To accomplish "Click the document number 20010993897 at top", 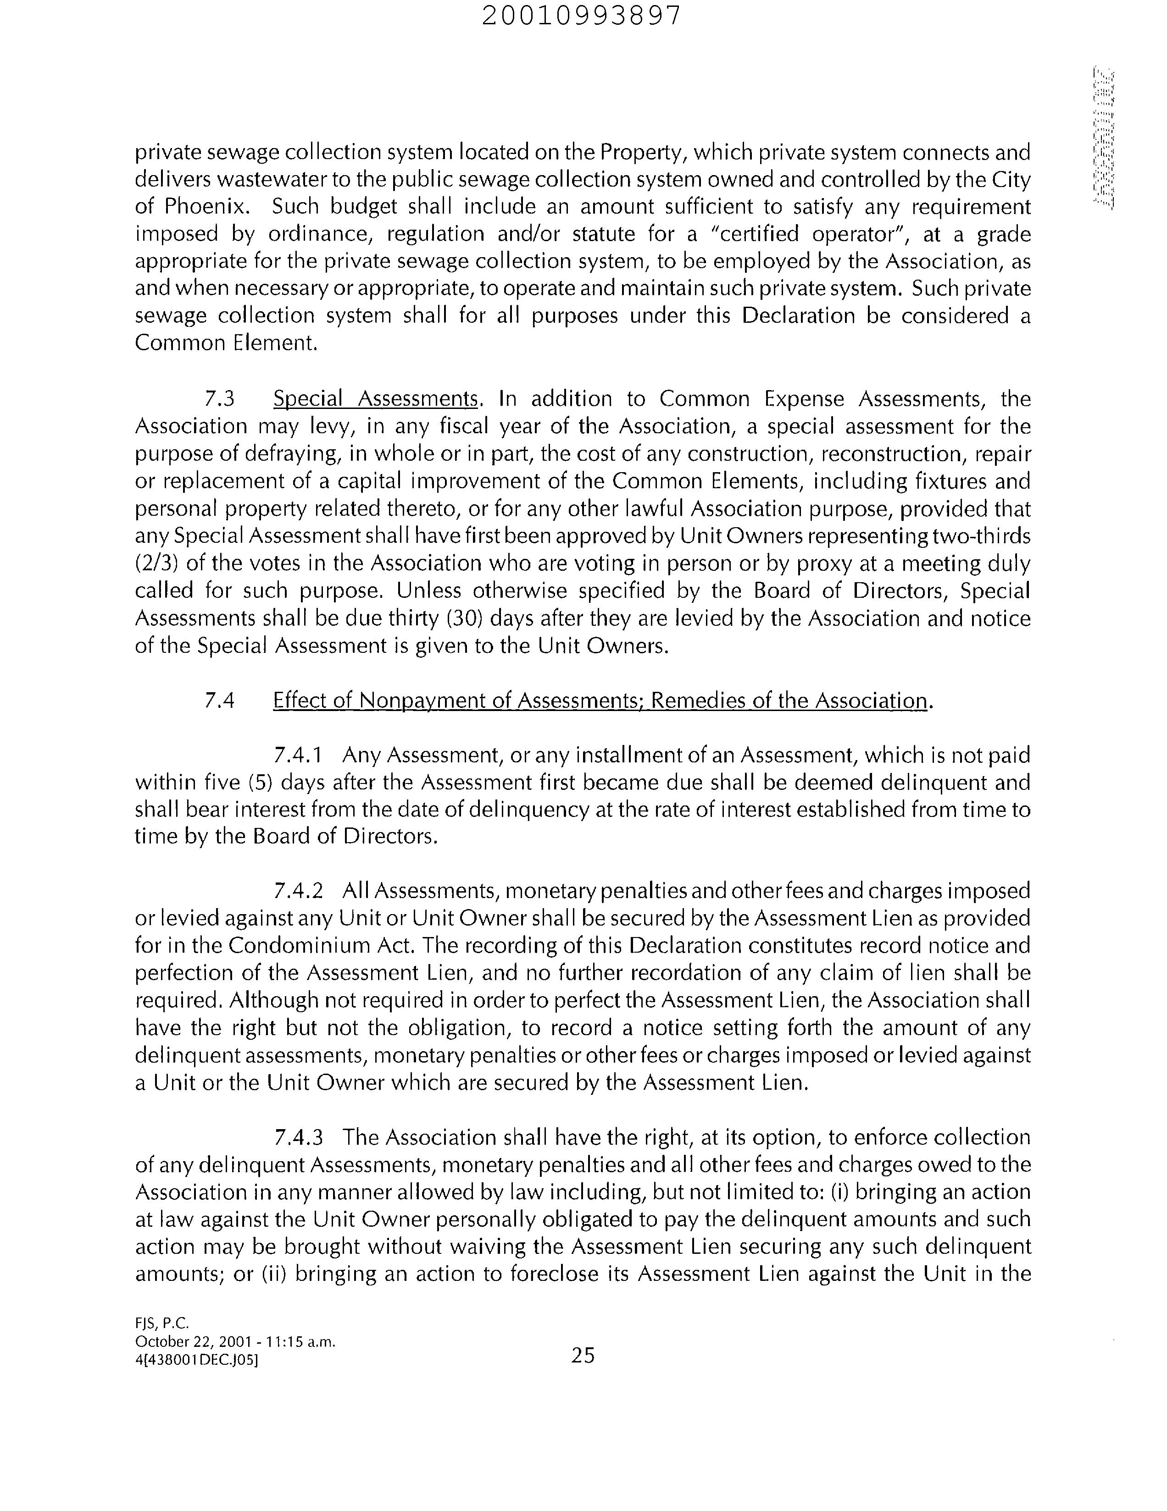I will click(581, 15).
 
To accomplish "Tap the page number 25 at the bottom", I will click(583, 1355).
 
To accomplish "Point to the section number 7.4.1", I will click(298, 755).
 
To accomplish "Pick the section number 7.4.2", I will click(298, 890).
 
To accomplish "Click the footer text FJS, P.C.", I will click(161, 1323).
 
